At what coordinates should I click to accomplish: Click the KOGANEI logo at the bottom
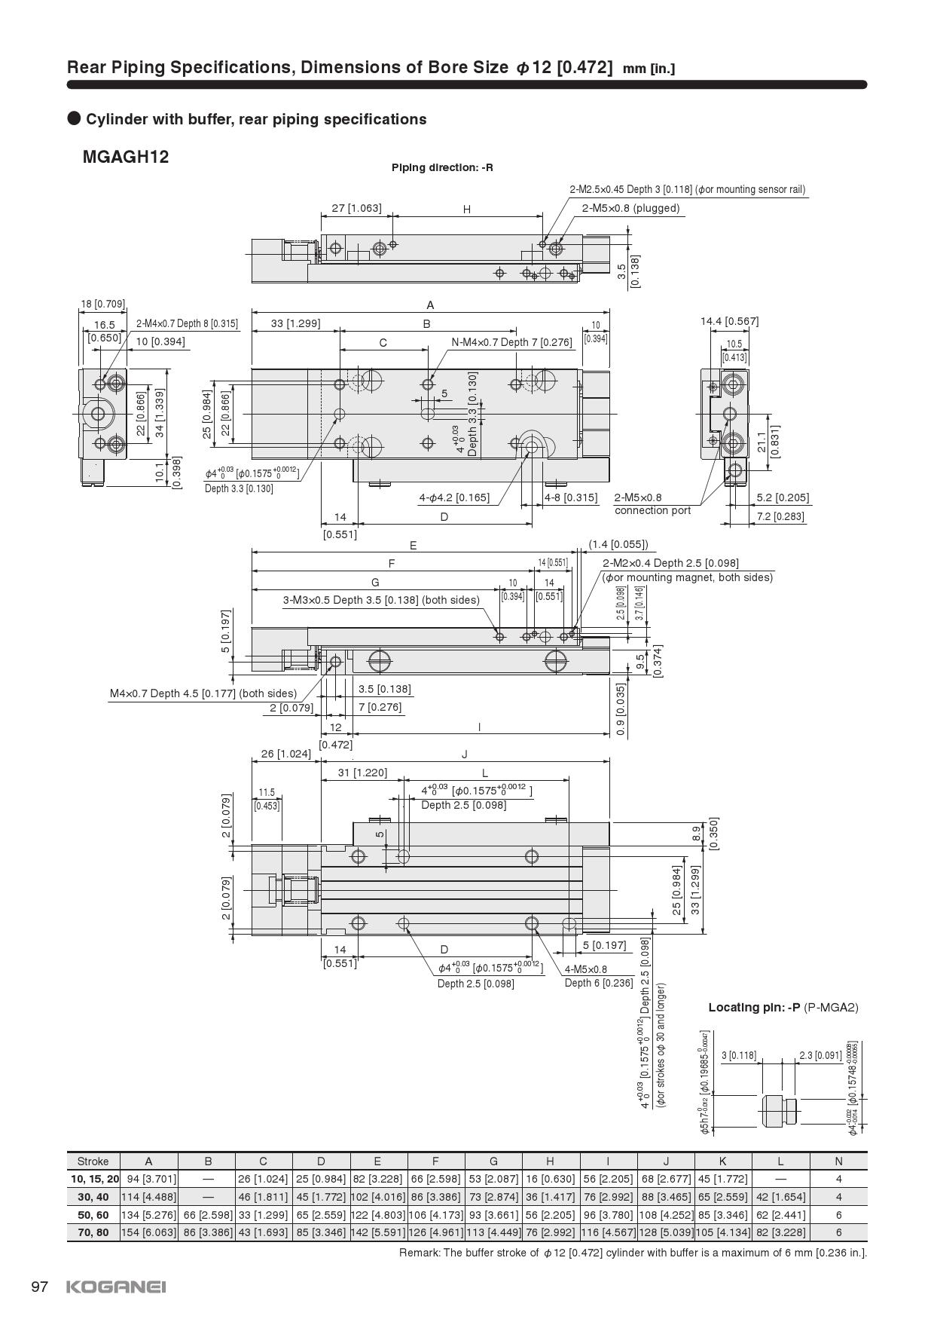116,1287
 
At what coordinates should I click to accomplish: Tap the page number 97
40,1287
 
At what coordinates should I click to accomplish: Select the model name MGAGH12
126,157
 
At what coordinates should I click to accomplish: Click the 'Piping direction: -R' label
442,167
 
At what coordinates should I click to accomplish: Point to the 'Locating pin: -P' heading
754,1007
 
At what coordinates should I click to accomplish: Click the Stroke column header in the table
93,1161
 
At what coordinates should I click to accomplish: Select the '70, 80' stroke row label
93,1232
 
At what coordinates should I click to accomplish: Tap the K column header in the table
723,1161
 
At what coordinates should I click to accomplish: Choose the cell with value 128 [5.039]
666,1232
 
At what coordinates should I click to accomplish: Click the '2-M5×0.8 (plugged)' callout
630,208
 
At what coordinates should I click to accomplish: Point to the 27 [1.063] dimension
357,208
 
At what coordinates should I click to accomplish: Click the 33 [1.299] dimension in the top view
296,323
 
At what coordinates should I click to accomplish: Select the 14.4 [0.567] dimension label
729,321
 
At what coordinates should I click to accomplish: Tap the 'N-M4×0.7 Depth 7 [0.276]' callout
511,342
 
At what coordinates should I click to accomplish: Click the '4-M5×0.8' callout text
586,969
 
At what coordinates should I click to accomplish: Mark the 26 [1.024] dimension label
285,754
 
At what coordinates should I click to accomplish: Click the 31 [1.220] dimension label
362,773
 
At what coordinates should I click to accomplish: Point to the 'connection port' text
652,510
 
